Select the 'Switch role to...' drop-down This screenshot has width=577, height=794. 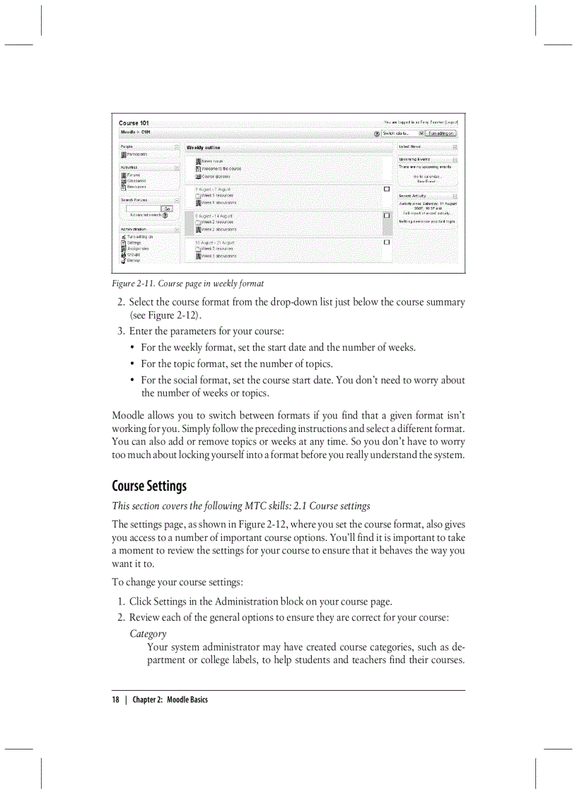click(402, 133)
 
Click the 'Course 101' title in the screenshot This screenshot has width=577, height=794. click(134, 123)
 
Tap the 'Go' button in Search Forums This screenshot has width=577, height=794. click(167, 209)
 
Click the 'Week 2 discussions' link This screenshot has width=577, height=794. click(218, 229)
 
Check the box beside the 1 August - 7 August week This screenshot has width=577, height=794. click(387, 189)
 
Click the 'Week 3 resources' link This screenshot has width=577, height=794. click(216, 249)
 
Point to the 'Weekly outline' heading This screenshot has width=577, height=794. click(203, 148)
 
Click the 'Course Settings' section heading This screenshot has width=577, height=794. click(149, 486)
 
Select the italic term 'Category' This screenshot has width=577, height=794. click(148, 634)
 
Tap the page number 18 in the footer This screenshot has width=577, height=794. click(116, 699)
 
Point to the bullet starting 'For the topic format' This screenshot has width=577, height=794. click(236, 364)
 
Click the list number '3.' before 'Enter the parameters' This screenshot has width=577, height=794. click(121, 331)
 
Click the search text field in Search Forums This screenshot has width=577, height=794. click(144, 209)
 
